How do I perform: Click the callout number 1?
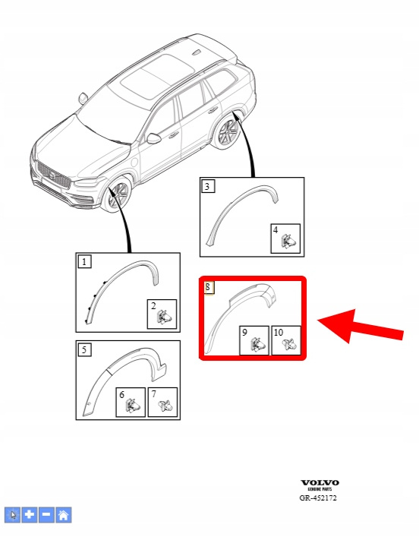[x=84, y=261]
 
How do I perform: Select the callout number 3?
[x=207, y=186]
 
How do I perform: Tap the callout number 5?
[x=84, y=349]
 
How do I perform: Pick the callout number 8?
[x=209, y=287]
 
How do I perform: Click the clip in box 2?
[x=165, y=317]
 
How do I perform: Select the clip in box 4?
[x=288, y=242]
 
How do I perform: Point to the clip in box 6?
[x=133, y=406]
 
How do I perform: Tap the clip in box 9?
[x=258, y=344]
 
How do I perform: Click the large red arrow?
[x=361, y=326]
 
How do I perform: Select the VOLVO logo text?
[x=320, y=483]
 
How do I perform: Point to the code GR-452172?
[x=318, y=498]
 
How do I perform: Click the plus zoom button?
[x=30, y=515]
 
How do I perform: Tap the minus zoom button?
[x=46, y=515]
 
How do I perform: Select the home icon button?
[x=63, y=515]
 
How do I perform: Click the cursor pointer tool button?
[x=13, y=515]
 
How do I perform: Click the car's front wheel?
[x=118, y=196]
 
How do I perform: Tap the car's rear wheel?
[x=228, y=132]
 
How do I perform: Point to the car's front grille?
[x=53, y=175]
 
